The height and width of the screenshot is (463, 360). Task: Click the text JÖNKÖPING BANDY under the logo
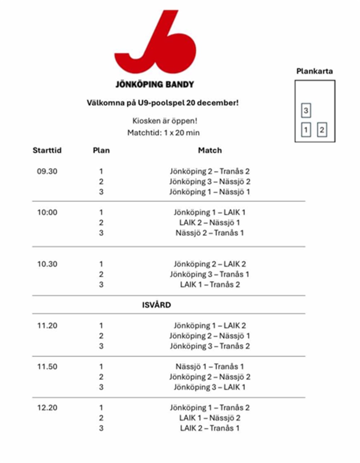coord(155,85)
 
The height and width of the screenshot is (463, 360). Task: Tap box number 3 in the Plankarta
coord(306,110)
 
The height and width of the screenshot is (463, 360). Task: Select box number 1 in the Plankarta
coord(306,130)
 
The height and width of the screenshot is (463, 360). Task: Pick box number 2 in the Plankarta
coord(322,130)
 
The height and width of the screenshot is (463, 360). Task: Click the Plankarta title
coord(314,71)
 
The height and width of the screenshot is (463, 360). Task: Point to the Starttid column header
coord(47,150)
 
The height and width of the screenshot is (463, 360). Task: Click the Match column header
coord(210,150)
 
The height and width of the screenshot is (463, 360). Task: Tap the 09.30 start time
coord(47,171)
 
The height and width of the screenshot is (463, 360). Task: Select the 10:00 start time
coord(47,212)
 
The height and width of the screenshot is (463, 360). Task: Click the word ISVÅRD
coord(156,305)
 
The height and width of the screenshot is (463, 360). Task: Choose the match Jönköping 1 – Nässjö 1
coord(210,192)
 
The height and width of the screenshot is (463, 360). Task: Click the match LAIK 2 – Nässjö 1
coord(210,223)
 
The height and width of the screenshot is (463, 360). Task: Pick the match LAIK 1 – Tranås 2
coord(210,285)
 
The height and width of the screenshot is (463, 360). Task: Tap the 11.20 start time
coord(47,326)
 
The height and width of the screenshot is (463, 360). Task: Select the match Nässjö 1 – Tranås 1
coord(210,367)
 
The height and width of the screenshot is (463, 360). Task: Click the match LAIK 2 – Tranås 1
coord(210,428)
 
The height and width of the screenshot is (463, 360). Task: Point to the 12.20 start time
coord(47,408)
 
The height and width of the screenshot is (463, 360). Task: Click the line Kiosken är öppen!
coord(165,121)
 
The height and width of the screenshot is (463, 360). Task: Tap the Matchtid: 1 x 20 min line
coord(163,133)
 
